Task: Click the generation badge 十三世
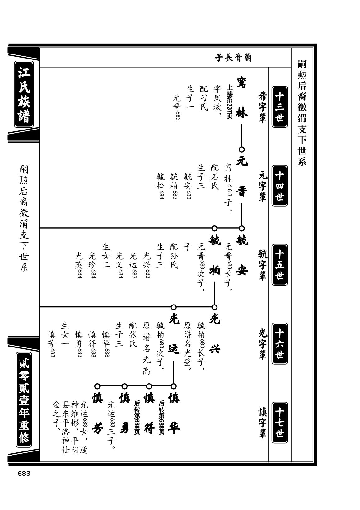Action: click(279, 107)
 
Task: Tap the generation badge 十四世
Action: click(279, 186)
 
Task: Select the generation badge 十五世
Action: click(279, 265)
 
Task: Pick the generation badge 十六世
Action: click(279, 344)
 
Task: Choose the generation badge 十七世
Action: click(279, 423)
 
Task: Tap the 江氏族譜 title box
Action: click(24, 94)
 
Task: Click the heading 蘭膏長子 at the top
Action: click(233, 58)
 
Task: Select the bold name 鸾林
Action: click(241, 97)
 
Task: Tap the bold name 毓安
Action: click(241, 255)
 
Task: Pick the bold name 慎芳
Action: click(97, 413)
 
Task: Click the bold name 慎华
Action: click(174, 413)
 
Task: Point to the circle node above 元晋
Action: click(242, 149)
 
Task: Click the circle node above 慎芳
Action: click(97, 386)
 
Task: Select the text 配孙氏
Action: click(174, 256)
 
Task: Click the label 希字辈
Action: click(262, 107)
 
